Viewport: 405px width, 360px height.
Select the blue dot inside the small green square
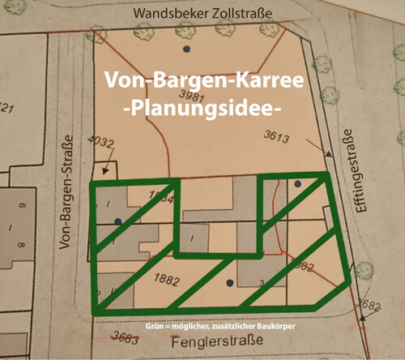tap(297, 185)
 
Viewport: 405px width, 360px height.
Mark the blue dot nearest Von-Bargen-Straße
tap(117, 221)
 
